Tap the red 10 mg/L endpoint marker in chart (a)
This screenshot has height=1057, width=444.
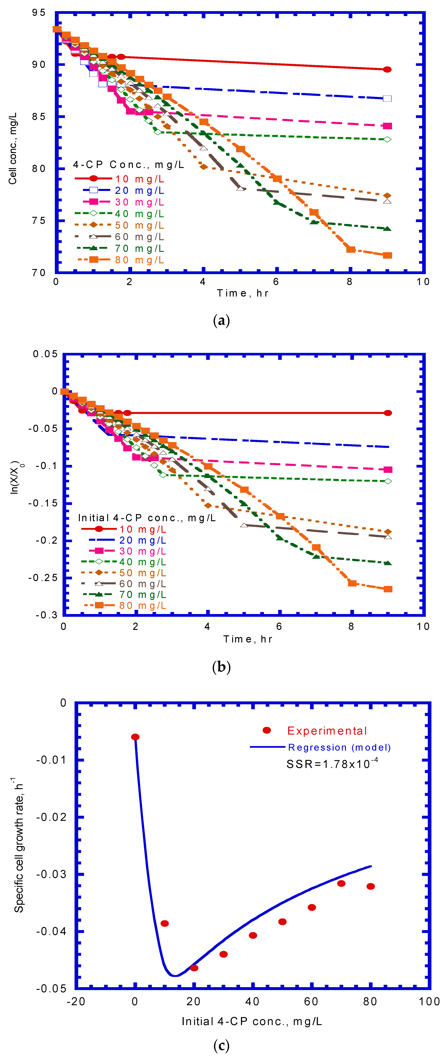[x=387, y=69]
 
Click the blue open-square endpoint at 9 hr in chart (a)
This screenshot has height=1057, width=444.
[x=387, y=98]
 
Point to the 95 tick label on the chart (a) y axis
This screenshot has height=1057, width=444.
[x=39, y=13]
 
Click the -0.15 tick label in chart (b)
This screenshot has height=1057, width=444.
[x=43, y=503]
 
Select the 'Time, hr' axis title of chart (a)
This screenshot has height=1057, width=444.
[x=243, y=293]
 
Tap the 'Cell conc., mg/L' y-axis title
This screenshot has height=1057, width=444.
[x=13, y=148]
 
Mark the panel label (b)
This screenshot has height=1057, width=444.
[x=221, y=667]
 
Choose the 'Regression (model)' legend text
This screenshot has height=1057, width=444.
[x=339, y=747]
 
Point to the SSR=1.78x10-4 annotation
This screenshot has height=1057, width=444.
[x=332, y=764]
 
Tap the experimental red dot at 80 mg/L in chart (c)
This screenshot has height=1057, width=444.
[x=371, y=886]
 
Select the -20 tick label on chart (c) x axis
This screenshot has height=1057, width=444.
[x=76, y=1002]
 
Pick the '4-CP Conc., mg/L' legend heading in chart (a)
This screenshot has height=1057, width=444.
[x=128, y=164]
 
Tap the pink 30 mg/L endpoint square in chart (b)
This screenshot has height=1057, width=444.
[x=388, y=469]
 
